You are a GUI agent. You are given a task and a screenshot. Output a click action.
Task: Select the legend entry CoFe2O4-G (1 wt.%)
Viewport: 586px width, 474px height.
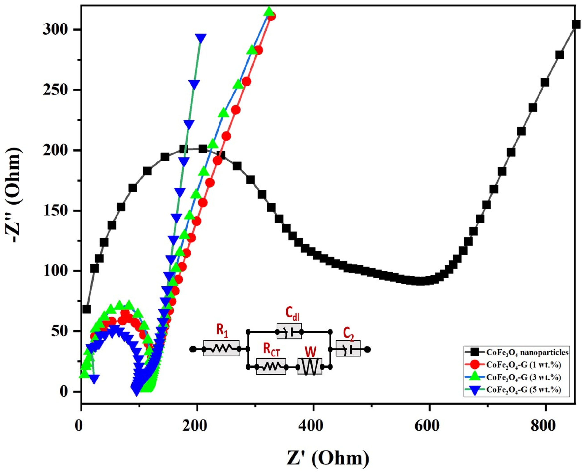[523, 365]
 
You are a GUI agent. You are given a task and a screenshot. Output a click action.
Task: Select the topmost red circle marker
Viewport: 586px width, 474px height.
[271, 16]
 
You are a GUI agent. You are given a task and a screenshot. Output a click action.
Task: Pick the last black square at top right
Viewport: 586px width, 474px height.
[576, 25]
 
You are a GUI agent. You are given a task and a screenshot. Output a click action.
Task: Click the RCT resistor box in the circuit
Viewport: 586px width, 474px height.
[271, 366]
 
